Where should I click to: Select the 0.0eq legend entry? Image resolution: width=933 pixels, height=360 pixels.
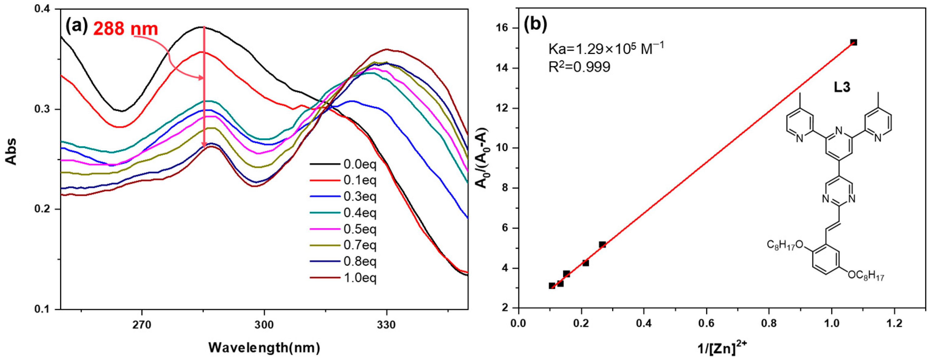click(x=360, y=165)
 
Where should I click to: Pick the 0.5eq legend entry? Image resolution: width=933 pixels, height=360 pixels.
click(x=360, y=229)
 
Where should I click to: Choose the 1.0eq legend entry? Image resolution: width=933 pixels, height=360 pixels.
click(x=360, y=278)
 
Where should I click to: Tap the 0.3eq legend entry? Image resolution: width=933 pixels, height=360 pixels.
click(x=360, y=197)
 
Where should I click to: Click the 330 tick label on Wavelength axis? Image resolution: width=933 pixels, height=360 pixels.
click(x=386, y=325)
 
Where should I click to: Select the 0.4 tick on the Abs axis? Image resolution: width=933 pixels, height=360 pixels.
click(x=42, y=10)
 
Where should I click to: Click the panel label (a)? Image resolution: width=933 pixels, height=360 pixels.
click(x=76, y=26)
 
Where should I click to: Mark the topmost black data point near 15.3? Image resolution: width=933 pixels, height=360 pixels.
click(x=854, y=42)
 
